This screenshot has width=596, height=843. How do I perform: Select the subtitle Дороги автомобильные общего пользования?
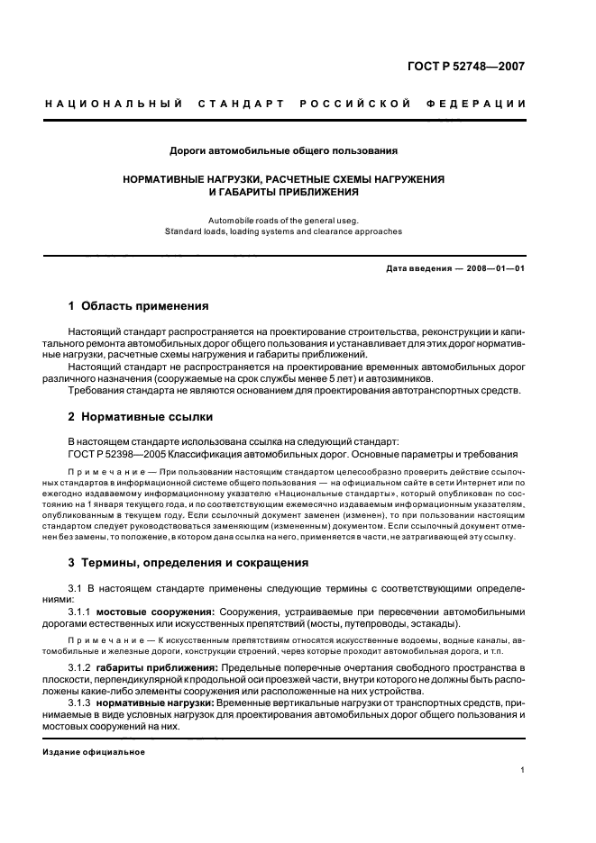pyautogui.click(x=284, y=150)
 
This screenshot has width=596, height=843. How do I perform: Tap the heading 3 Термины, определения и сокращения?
pyautogui.click(x=188, y=563)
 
